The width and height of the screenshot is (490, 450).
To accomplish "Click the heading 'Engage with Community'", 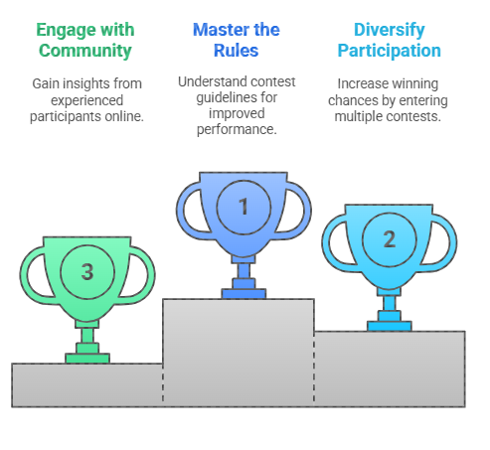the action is click(x=85, y=40).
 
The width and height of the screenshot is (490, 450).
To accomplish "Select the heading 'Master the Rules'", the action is click(x=237, y=40).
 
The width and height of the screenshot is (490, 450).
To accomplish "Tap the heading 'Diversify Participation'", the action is click(x=390, y=40).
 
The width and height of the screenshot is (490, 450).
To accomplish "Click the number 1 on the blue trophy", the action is click(x=244, y=206).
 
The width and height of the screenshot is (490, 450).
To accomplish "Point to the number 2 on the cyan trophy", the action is click(x=390, y=238).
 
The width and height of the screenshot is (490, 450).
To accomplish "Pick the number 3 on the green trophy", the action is click(x=87, y=271).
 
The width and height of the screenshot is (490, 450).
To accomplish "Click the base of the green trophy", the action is click(x=87, y=359).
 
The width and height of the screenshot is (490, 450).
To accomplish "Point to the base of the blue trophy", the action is click(x=244, y=294).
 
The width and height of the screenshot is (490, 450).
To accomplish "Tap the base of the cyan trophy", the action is click(x=390, y=326).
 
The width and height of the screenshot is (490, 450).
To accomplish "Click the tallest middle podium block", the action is click(x=239, y=353).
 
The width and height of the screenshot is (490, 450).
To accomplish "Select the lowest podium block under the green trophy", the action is click(x=87, y=385).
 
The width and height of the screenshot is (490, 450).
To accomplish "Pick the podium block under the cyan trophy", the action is click(x=390, y=369).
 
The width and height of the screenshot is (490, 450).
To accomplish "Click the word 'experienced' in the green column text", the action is click(x=86, y=100).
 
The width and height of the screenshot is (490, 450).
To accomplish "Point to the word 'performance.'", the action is click(x=237, y=129).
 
